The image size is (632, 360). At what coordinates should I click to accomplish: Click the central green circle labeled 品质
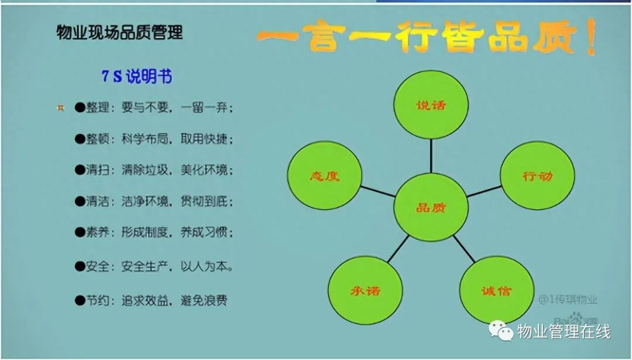[x=431, y=207]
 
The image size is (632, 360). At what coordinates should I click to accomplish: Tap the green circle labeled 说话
[x=431, y=105]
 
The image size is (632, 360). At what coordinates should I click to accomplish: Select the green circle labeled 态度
[x=324, y=176]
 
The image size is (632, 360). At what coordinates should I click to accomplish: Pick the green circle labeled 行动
[x=537, y=176]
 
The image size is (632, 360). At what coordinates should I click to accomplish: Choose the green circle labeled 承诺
[x=365, y=290]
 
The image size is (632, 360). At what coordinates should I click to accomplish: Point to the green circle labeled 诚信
[x=497, y=290]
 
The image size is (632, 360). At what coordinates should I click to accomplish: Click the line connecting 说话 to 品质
[x=431, y=156]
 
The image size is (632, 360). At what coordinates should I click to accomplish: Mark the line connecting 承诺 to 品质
[x=399, y=249]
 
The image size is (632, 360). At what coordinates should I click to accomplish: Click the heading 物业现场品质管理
[x=119, y=32]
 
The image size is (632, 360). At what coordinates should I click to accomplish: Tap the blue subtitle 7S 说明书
[x=136, y=76]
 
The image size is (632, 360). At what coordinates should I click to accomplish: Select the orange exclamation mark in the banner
[x=591, y=37]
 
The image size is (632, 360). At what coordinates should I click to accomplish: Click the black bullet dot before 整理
[x=80, y=108]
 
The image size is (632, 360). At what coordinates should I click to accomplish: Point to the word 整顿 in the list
[x=98, y=139]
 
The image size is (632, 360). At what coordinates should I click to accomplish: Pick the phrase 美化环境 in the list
[x=204, y=170]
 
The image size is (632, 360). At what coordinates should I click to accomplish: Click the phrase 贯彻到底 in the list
[x=204, y=201]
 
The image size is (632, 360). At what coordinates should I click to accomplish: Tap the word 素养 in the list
[x=98, y=232]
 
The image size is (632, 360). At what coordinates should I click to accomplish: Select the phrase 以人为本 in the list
[x=204, y=266]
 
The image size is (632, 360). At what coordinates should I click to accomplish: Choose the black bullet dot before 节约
[x=80, y=300]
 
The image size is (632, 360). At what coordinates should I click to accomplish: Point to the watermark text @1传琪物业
[x=568, y=300]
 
